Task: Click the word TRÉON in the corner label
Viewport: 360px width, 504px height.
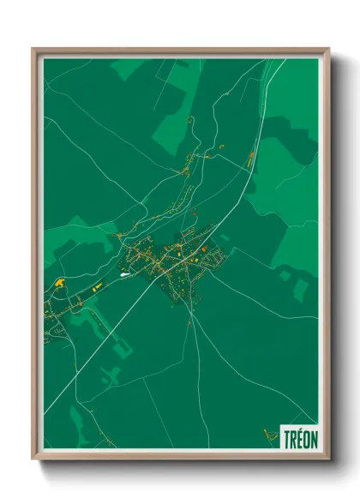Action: pos(299,438)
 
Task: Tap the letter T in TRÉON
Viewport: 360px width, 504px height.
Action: pos(286,438)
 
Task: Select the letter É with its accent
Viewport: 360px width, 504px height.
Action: pos(299,437)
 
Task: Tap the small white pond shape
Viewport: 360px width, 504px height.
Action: pos(125,274)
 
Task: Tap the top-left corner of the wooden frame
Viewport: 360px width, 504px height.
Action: pos(34,50)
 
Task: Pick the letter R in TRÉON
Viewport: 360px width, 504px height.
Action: pos(292,438)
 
